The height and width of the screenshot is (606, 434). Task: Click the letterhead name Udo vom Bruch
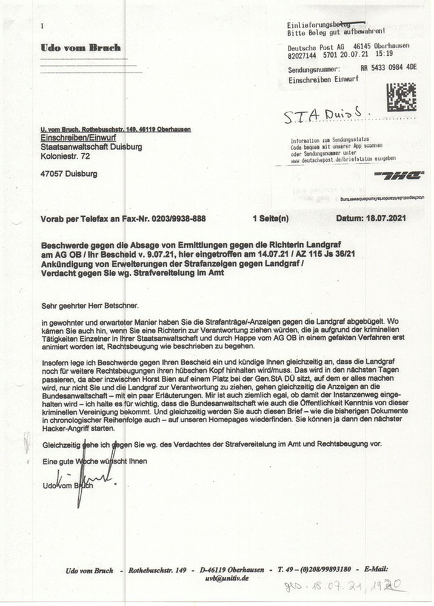pos(81,47)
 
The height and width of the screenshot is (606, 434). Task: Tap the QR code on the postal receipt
pos(401,97)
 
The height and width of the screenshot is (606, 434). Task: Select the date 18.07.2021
pos(384,217)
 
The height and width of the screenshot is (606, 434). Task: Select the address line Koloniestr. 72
pos(65,157)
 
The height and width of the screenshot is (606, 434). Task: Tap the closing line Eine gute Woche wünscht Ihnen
pos(94,461)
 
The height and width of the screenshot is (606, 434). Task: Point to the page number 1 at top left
pos(42,26)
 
